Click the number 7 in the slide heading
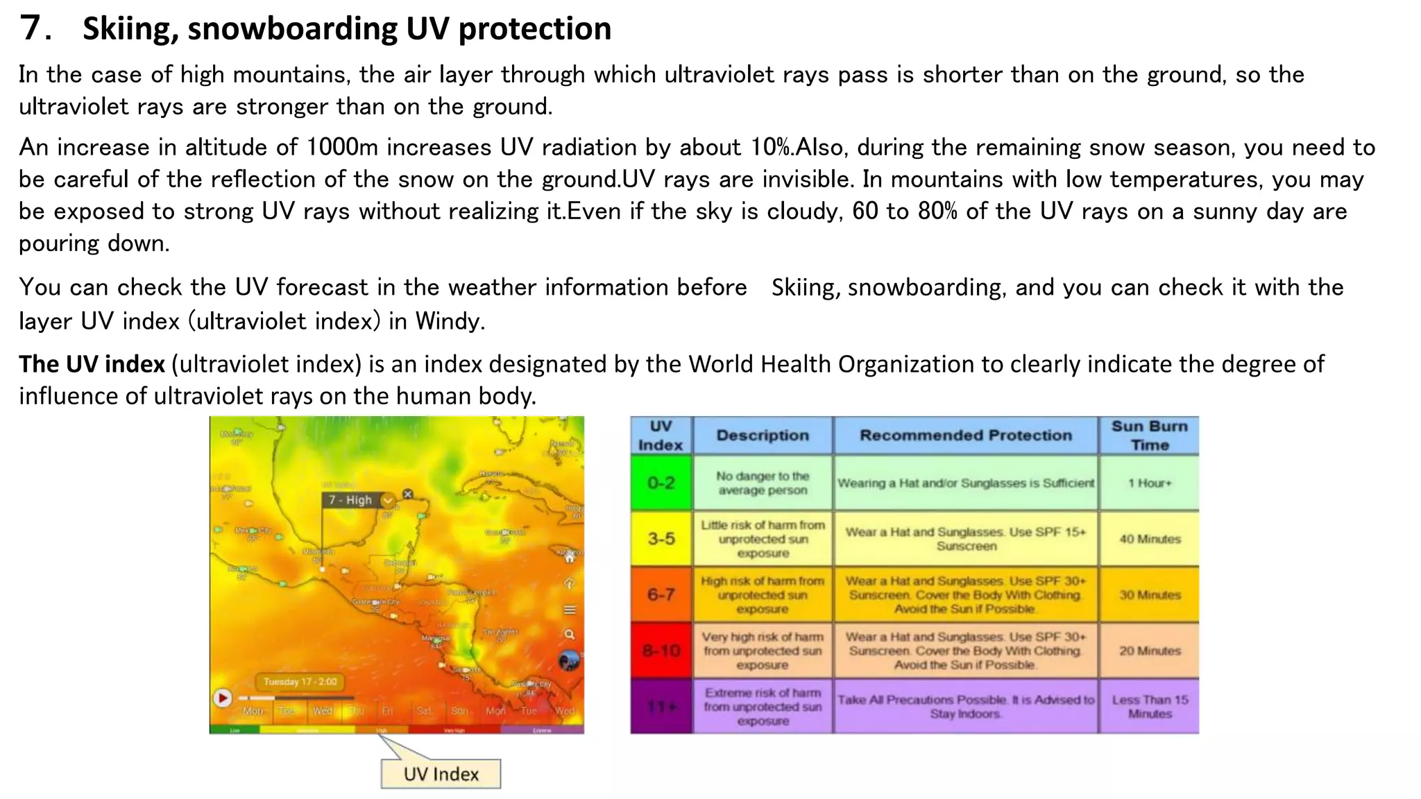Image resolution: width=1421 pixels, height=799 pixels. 31,28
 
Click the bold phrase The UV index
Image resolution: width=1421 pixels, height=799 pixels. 92,364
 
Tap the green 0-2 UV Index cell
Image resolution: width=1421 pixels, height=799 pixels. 661,483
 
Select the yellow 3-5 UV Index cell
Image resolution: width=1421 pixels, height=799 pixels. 661,538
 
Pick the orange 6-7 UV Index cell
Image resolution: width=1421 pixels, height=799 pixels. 661,594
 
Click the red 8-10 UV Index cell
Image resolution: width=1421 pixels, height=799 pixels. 661,651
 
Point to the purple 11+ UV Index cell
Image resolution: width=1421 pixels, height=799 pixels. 661,706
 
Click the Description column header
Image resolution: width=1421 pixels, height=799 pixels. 763,436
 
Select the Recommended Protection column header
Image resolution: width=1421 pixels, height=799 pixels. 965,436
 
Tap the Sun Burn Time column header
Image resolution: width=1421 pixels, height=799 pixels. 1149,436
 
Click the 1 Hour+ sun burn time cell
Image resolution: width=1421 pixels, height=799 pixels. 1149,483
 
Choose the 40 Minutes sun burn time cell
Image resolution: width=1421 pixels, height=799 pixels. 1149,539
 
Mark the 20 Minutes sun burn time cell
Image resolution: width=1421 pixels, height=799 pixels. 1149,651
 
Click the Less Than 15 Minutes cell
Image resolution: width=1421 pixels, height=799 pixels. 1149,707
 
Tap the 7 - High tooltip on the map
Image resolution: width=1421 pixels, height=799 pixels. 351,500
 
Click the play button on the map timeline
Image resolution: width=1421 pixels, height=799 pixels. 223,698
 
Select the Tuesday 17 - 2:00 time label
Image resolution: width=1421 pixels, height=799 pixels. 300,682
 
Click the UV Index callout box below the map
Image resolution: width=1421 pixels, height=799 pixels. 441,774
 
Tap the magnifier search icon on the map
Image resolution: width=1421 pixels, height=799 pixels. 570,635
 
